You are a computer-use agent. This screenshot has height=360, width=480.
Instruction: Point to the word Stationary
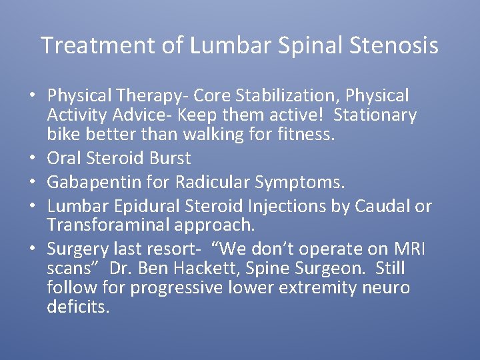click(x=375, y=115)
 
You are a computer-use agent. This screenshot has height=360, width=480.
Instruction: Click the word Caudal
click(x=377, y=207)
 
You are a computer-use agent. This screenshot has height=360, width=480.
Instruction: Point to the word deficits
click(x=78, y=307)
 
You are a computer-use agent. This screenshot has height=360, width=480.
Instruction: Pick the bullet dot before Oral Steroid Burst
click(x=33, y=159)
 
